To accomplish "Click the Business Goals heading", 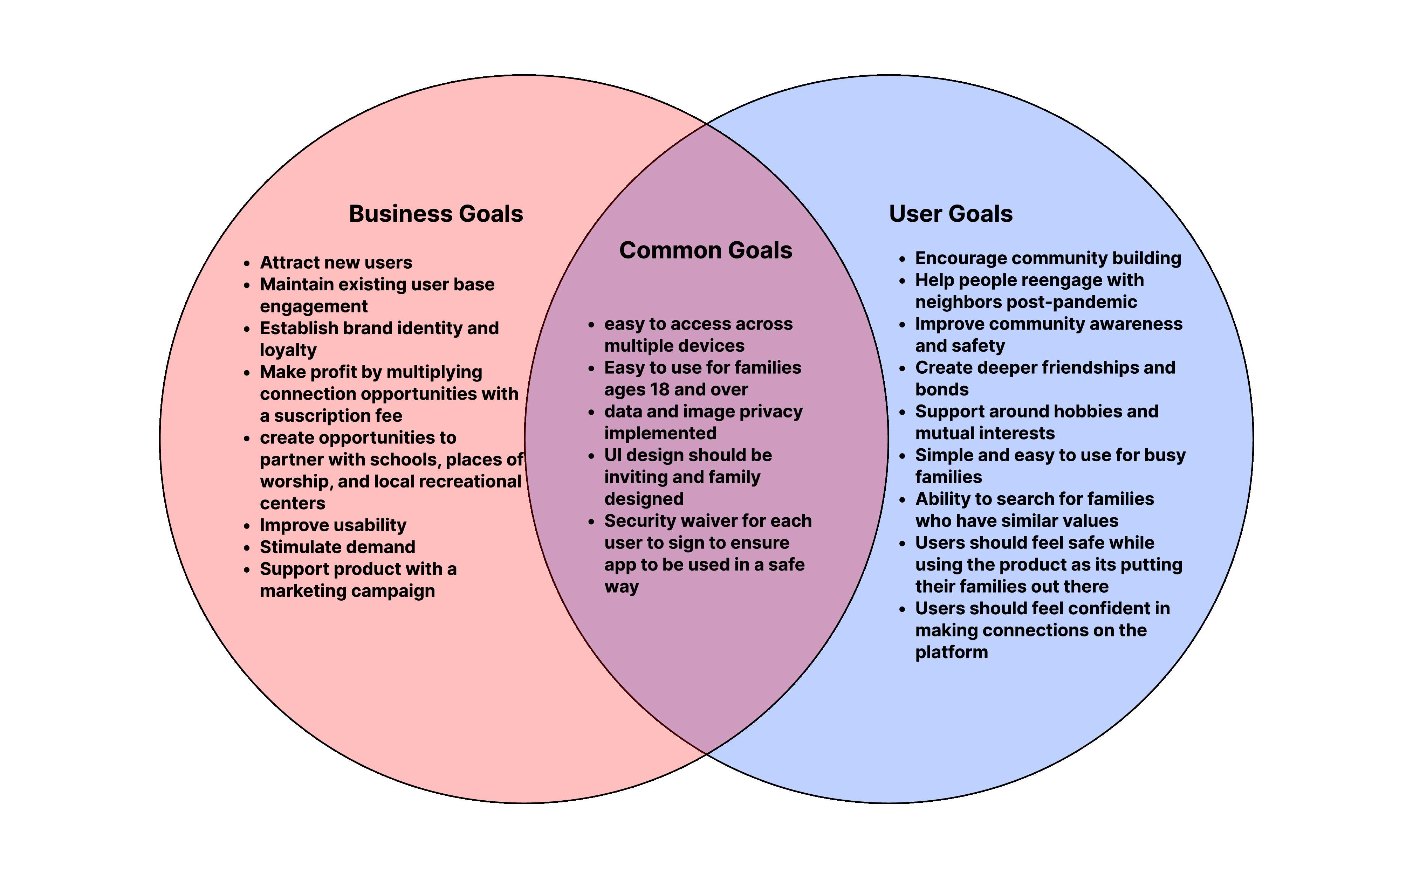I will click(435, 214).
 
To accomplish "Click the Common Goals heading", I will click(705, 250).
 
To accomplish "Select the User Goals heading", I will click(951, 214).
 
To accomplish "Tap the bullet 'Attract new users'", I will click(336, 263).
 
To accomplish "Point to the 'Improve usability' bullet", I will click(333, 525).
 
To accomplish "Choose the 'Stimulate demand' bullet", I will click(338, 547).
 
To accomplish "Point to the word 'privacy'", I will click(771, 412).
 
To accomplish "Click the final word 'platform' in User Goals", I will click(951, 652).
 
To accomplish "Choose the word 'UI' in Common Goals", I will click(612, 455).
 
